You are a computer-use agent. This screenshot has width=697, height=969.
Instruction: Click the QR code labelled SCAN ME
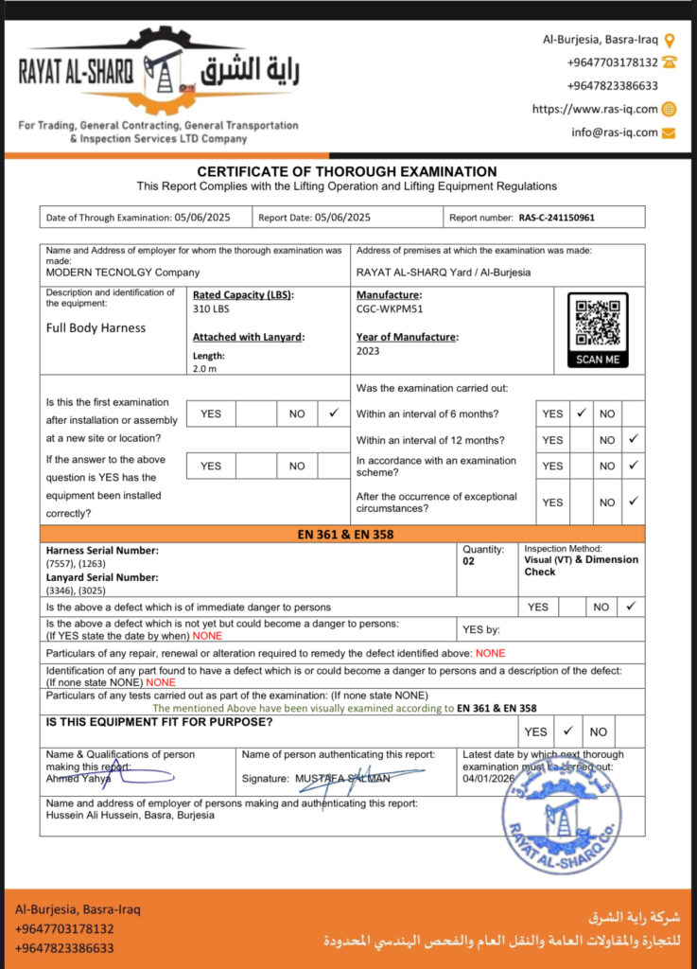click(x=598, y=324)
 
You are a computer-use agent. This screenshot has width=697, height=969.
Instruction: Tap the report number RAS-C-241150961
click(x=557, y=218)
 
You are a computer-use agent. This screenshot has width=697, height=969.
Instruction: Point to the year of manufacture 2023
click(x=369, y=351)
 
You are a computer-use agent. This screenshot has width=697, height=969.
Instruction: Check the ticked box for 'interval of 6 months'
click(x=582, y=414)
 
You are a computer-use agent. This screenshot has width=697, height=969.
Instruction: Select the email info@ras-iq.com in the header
click(x=614, y=132)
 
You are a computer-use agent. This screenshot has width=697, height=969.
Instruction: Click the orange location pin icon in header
click(x=670, y=40)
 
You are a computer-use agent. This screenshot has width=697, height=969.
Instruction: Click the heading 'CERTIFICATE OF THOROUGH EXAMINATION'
click(x=346, y=171)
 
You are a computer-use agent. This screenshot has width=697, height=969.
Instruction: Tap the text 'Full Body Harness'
click(x=96, y=328)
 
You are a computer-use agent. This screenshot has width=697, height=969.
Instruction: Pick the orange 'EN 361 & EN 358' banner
click(x=346, y=535)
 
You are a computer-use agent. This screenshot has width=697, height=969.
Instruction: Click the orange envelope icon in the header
click(x=669, y=132)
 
